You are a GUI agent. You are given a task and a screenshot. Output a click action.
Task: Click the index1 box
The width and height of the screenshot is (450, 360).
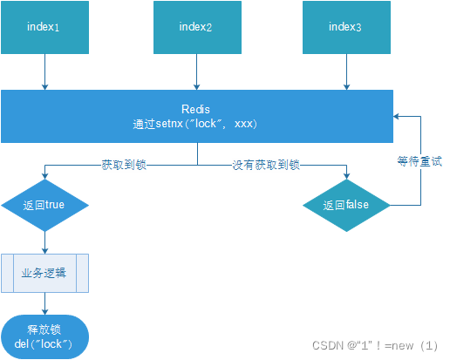[x=44, y=28]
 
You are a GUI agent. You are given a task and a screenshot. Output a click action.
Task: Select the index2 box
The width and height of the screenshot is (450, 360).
[x=196, y=28]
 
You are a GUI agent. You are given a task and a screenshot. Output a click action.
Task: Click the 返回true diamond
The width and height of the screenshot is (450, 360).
[x=44, y=206]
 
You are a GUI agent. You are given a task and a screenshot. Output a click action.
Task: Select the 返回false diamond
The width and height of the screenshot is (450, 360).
[x=346, y=206]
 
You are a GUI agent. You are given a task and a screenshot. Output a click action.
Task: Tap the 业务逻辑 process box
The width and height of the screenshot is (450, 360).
[x=44, y=272]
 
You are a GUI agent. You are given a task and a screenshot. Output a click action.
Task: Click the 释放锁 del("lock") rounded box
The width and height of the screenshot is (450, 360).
[x=44, y=336]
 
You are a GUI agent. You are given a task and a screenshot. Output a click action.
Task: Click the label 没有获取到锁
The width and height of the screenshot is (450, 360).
[x=266, y=164]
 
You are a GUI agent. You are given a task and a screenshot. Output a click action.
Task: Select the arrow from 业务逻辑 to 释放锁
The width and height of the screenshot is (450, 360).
[x=44, y=303]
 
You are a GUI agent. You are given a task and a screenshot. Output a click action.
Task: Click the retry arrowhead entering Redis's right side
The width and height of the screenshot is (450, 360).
[x=399, y=116]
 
